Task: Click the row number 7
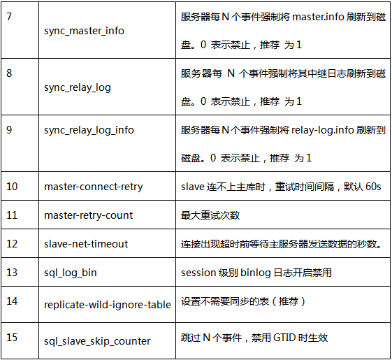[9, 17]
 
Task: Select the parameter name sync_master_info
[84, 31]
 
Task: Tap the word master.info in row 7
[318, 17]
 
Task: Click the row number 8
[9, 73]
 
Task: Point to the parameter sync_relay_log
[78, 88]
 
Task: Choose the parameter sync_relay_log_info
[89, 130]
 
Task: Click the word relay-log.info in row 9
[323, 130]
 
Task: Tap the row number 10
[12, 187]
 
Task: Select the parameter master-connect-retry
[94, 187]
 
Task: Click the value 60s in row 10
[373, 187]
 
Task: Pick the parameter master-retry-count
[89, 215]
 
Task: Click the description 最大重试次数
[210, 215]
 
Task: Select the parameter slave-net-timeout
[86, 244]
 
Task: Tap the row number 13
[12, 273]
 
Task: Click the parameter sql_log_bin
[71, 273]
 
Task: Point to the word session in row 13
[198, 273]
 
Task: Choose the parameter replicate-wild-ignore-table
[108, 305]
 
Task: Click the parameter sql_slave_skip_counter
[97, 341]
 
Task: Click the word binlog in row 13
[256, 273]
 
